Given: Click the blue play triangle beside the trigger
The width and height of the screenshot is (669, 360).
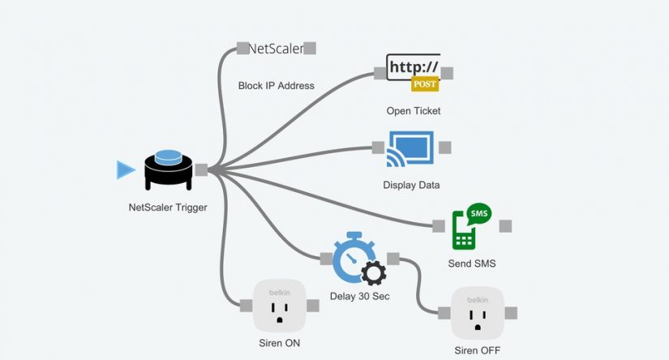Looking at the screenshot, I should click(x=125, y=169).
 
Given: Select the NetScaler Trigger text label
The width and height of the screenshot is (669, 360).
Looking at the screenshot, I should click(x=168, y=208).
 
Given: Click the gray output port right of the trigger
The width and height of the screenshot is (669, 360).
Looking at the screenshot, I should click(x=201, y=169).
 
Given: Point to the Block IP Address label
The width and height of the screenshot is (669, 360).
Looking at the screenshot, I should click(x=276, y=85).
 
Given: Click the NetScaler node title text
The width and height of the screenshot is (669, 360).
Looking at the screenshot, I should click(x=276, y=49).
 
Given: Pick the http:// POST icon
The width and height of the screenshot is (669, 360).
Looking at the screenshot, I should click(x=413, y=73).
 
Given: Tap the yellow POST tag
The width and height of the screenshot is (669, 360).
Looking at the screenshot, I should click(x=425, y=84).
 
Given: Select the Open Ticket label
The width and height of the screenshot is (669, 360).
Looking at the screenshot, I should click(x=413, y=110).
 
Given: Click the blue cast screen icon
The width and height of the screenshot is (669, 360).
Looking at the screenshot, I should click(x=411, y=148).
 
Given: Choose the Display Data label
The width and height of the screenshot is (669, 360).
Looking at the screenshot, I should click(x=411, y=185).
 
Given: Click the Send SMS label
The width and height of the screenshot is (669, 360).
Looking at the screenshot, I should click(x=471, y=264).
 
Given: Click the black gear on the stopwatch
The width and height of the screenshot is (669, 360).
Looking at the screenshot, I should click(x=373, y=273).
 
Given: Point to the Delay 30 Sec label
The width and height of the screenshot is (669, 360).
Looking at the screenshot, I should click(x=359, y=296).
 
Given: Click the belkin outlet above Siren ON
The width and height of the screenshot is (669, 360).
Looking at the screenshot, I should click(x=278, y=305).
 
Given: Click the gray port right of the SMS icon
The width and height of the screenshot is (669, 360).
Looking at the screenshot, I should click(x=505, y=225).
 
